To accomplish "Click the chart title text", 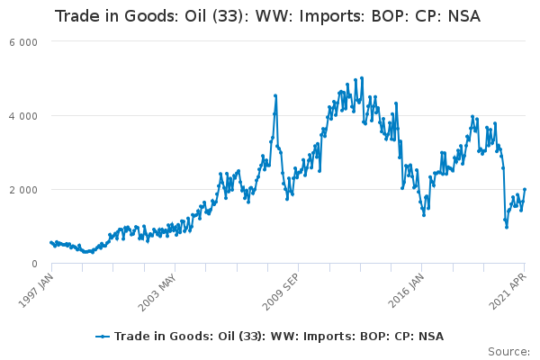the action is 267,16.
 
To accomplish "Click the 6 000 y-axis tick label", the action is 23,42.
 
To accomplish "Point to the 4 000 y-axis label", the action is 23,116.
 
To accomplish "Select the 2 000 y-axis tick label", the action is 23,190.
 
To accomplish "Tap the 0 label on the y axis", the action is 34,264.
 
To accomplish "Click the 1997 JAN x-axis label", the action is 36,290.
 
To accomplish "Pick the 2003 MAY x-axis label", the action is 157,292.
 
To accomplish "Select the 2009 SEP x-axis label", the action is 281,292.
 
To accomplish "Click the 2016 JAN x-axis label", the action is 406,291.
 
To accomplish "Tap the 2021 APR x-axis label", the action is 508,291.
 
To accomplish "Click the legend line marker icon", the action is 103,337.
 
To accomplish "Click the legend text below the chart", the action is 279,337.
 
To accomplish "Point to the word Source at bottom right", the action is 508,352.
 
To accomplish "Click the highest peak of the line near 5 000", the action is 362,78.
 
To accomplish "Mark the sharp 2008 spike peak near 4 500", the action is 275,95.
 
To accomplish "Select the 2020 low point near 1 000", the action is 507,228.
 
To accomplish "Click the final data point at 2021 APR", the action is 525,189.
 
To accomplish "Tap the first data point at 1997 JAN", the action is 51,242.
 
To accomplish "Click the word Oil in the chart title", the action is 194,16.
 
